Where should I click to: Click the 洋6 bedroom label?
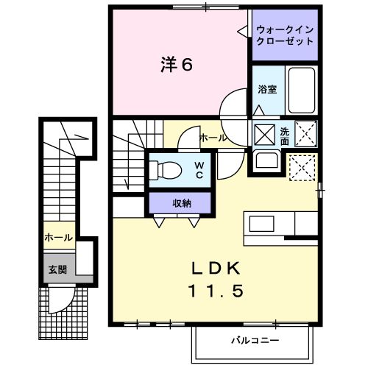(x=177, y=65)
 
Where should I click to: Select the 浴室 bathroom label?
(x=266, y=90)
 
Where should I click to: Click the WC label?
(x=199, y=170)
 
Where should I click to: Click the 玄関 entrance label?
(x=58, y=269)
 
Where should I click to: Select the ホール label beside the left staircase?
(x=58, y=238)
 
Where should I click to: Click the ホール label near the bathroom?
(x=213, y=138)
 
